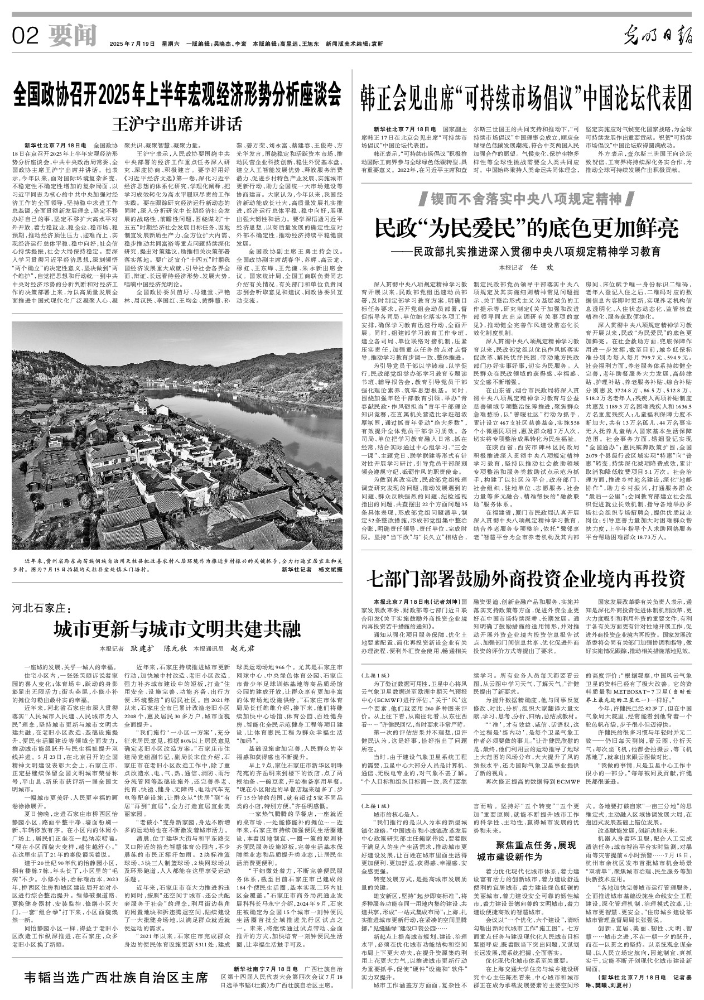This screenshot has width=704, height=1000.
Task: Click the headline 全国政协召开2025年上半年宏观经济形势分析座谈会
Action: click(177, 95)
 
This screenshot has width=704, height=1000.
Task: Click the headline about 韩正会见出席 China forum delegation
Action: click(526, 98)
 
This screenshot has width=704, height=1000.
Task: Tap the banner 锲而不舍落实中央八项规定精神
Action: click(526, 198)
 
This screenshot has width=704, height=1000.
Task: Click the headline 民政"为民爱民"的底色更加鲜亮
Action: click(526, 228)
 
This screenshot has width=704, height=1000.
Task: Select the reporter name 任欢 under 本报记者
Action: click(536, 267)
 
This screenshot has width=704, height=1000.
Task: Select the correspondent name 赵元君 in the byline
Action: click(242, 650)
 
